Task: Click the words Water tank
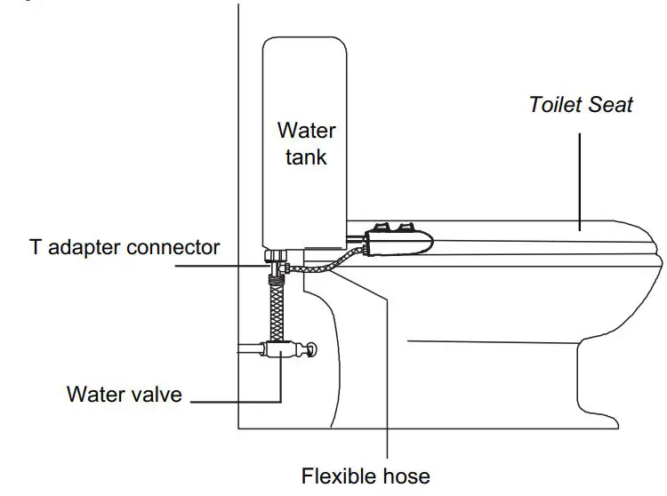tap(306, 144)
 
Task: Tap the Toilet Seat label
tap(581, 104)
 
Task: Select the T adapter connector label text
tap(125, 247)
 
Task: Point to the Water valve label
tap(124, 393)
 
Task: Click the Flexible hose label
tap(366, 476)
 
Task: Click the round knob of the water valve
tap(310, 350)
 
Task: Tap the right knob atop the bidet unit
tap(410, 226)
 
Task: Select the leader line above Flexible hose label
tap(388, 373)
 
